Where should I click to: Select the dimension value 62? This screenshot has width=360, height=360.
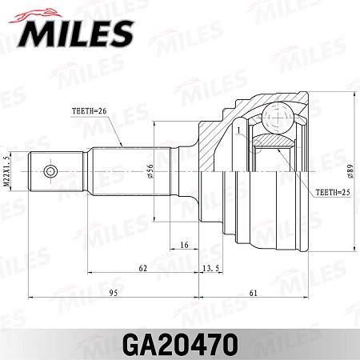point(143,270)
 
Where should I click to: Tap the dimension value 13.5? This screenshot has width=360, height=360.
point(212,270)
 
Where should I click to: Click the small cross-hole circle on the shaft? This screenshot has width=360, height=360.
point(50,172)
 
